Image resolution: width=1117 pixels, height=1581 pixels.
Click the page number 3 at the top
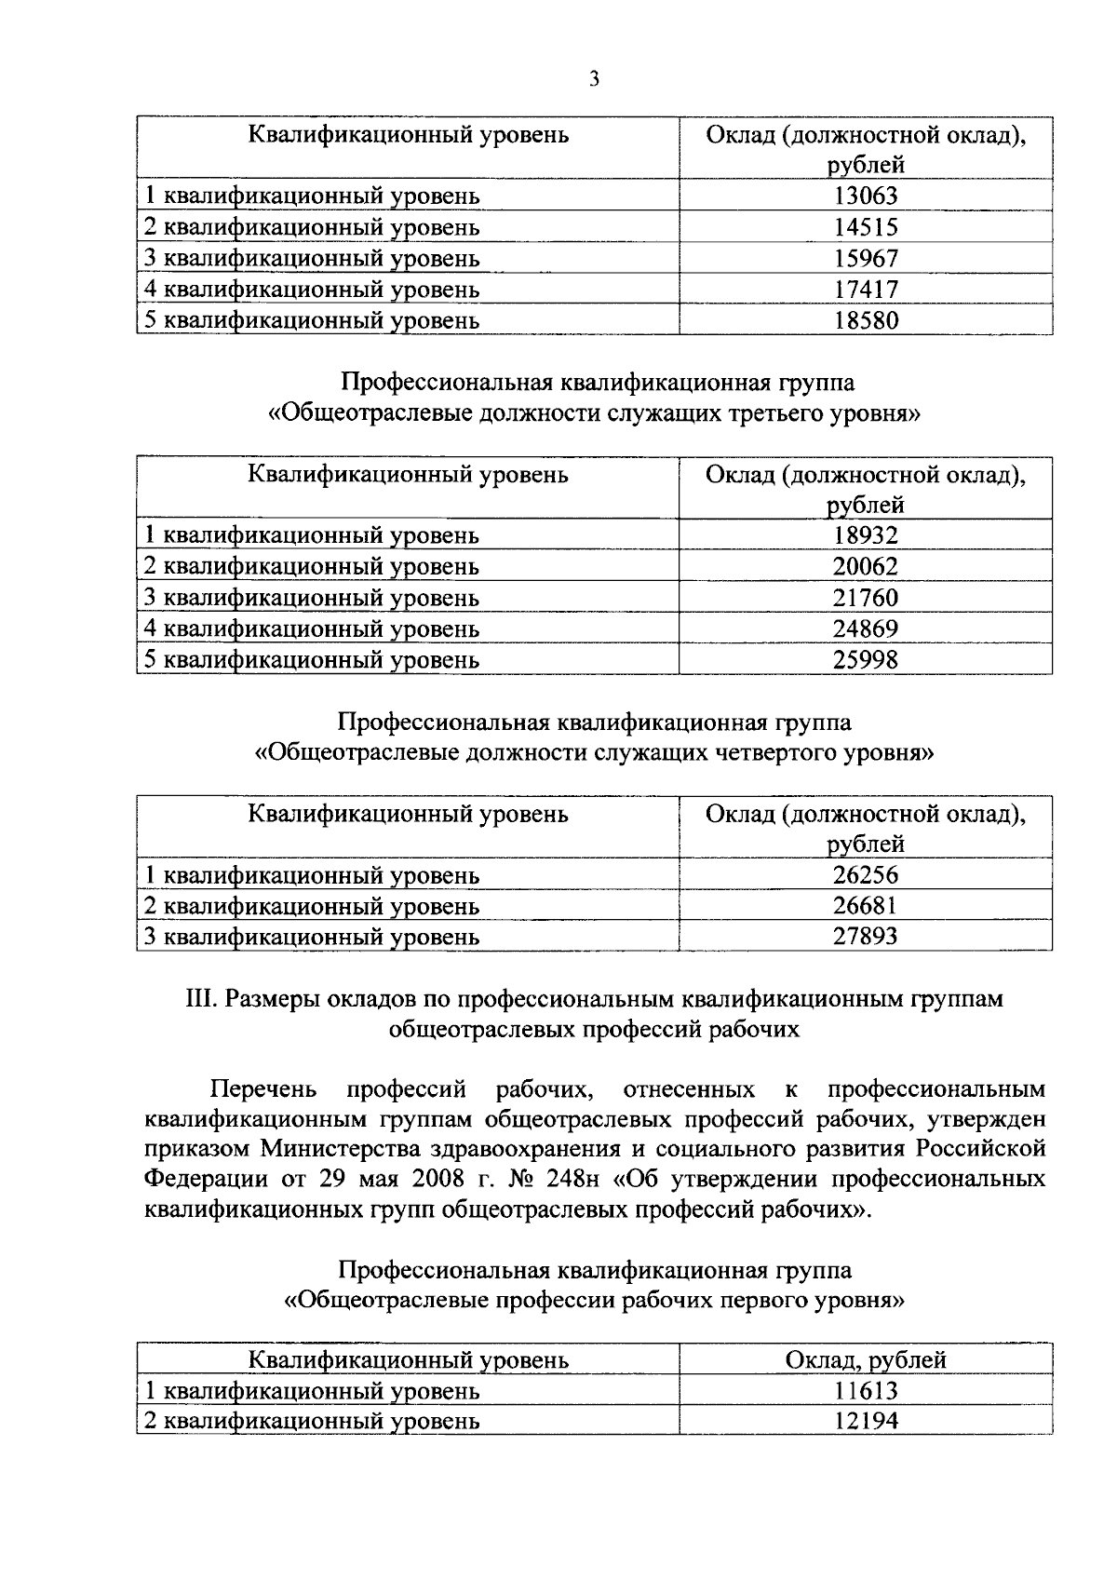(594, 79)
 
